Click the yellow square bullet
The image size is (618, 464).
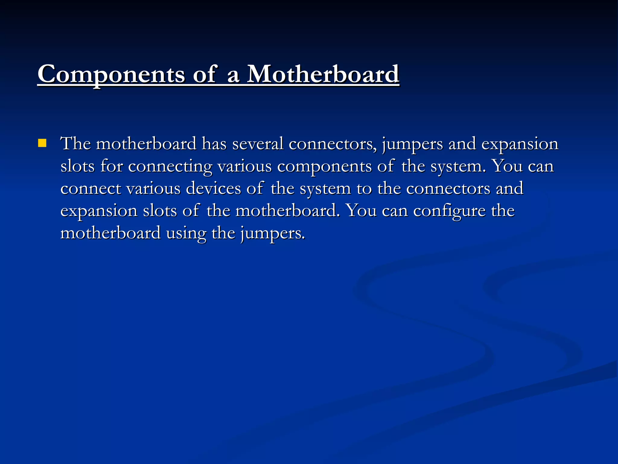pyautogui.click(x=42, y=143)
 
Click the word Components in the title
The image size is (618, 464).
pyautogui.click(x=111, y=74)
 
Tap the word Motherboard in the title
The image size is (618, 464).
pyautogui.click(x=323, y=74)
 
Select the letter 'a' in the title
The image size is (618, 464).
pyautogui.click(x=233, y=76)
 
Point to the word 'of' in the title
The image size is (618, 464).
pyautogui.click(x=205, y=74)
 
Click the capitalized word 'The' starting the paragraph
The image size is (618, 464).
pyautogui.click(x=75, y=143)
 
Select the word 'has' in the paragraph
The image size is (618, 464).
pyautogui.click(x=214, y=143)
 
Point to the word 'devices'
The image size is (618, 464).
pyautogui.click(x=213, y=188)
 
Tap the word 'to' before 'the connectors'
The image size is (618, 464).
pyautogui.click(x=364, y=189)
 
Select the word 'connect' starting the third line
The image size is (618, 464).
pyautogui.click(x=91, y=189)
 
